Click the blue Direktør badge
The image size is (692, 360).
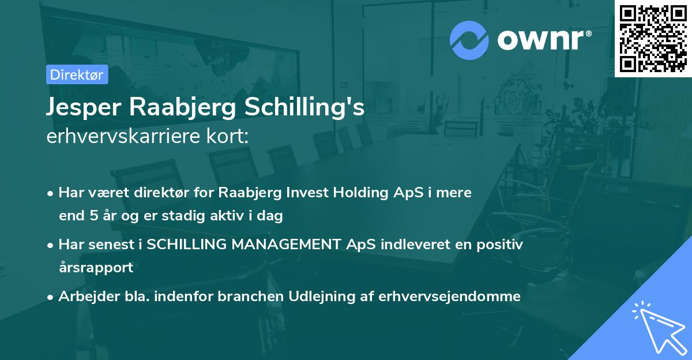point(77,74)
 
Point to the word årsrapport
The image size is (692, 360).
point(96,268)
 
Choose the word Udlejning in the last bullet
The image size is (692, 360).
point(314,296)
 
